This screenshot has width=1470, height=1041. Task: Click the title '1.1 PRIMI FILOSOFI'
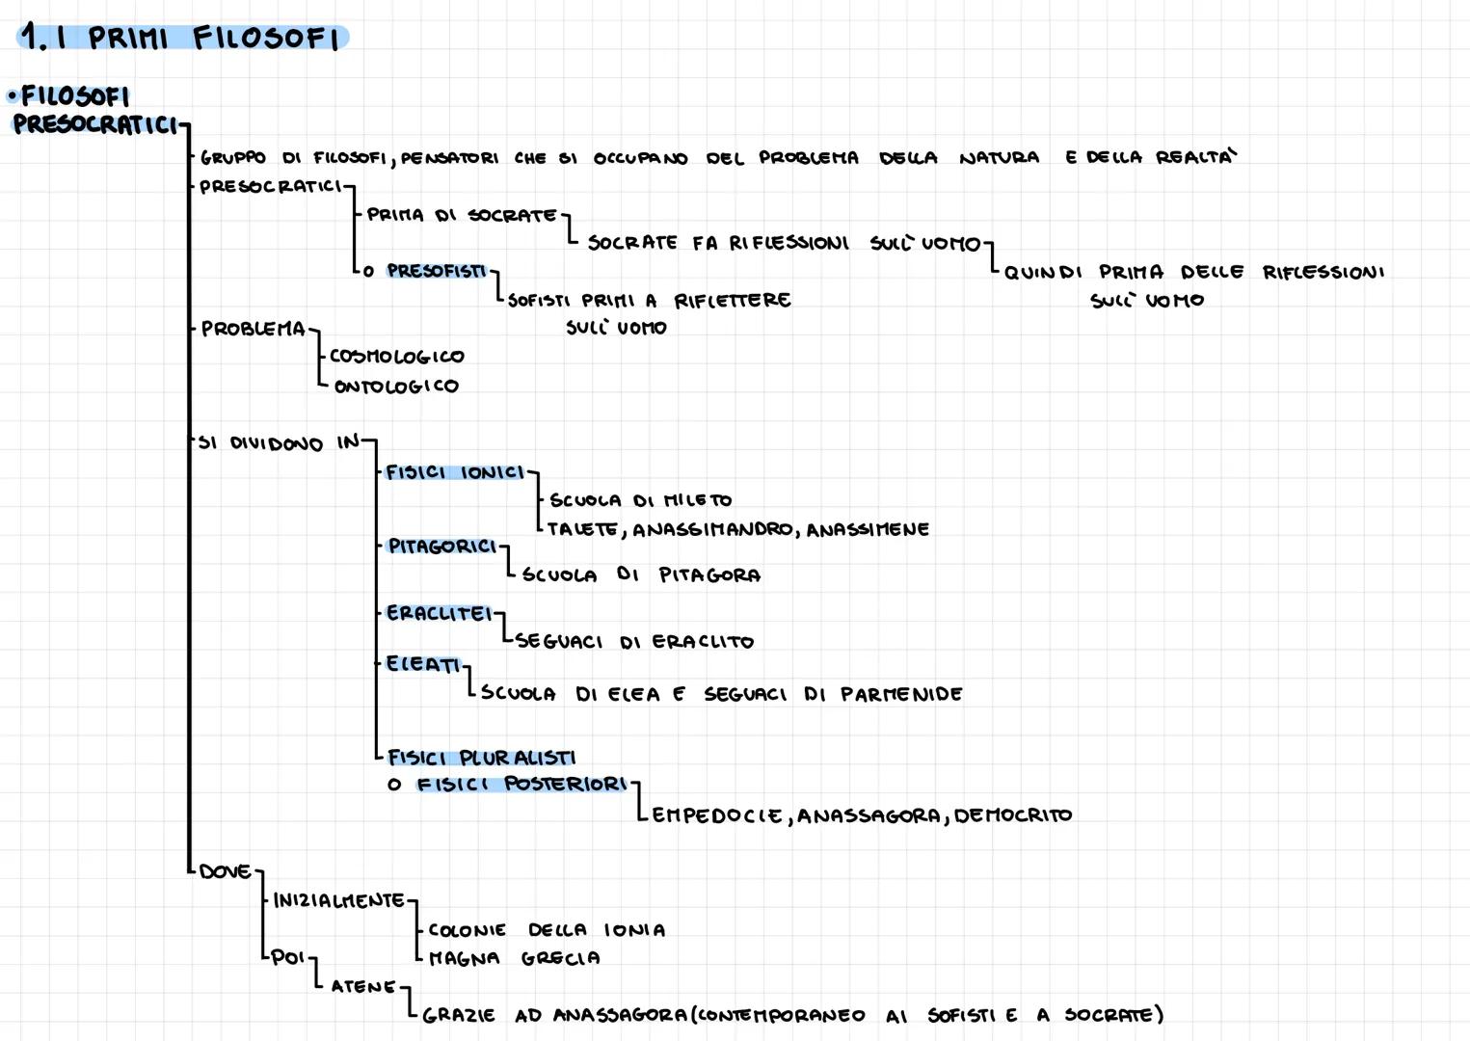[x=183, y=38]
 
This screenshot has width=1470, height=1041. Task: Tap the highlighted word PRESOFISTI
[x=436, y=271]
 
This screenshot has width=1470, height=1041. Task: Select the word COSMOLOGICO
[x=397, y=357]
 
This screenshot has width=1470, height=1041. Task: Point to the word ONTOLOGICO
[x=396, y=387]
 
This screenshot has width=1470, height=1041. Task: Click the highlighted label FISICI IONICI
[x=455, y=472]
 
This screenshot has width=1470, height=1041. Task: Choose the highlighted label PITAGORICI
[x=441, y=547]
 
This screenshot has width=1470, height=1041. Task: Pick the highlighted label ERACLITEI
[x=439, y=613]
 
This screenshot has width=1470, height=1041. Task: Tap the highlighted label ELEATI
[x=422, y=664]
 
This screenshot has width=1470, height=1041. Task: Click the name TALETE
[x=582, y=529]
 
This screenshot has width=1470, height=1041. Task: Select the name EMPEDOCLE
[x=717, y=815]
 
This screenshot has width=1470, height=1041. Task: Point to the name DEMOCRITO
[x=1012, y=815]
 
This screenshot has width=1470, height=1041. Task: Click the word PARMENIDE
[x=901, y=694]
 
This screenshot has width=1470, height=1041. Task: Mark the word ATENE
[x=363, y=986]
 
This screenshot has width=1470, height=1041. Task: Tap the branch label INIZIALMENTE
[x=338, y=900]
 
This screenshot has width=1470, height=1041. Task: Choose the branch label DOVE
[x=225, y=871]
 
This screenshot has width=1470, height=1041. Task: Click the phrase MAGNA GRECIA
[x=514, y=958]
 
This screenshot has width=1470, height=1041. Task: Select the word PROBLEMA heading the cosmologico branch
[x=253, y=329]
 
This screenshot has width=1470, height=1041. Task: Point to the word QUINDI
[x=1043, y=272]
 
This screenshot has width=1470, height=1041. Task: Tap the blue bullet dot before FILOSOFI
[x=12, y=95]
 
